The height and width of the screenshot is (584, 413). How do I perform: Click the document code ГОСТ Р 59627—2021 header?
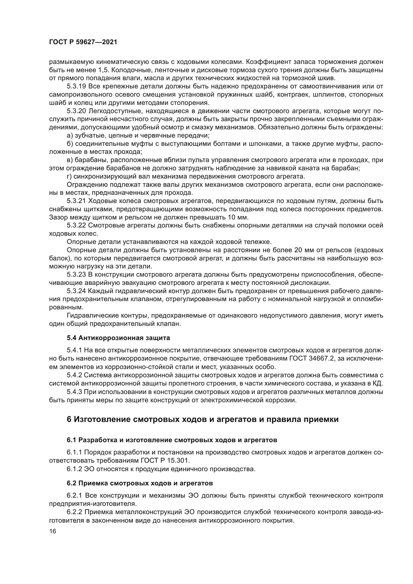[x=83, y=42]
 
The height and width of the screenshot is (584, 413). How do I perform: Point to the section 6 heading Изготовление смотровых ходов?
[x=203, y=419]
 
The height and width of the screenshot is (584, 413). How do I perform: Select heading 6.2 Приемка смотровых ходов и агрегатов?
[x=140, y=483]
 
